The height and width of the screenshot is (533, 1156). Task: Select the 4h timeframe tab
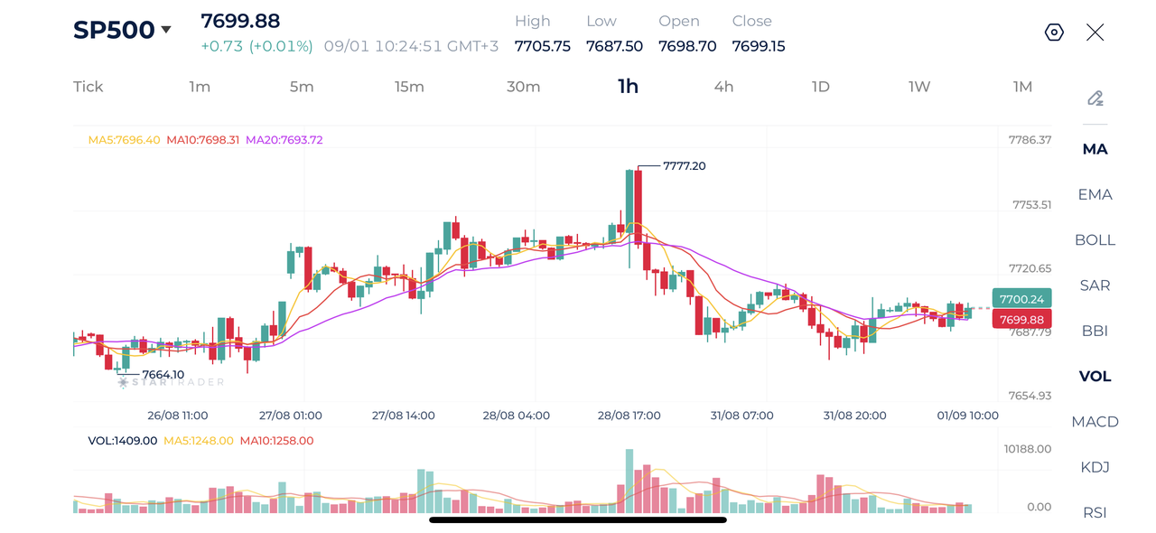723,87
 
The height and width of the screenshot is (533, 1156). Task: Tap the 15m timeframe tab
409,87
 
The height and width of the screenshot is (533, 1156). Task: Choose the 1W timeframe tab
919,87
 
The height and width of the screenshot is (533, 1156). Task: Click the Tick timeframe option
89,87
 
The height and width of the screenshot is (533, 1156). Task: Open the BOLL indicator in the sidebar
1095,240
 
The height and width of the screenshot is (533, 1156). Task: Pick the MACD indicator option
1095,422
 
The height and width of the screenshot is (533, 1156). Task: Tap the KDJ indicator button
1095,467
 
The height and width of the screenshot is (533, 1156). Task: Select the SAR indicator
1095,285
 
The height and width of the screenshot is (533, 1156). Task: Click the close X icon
1095,33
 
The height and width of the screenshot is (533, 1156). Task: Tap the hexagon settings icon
1054,33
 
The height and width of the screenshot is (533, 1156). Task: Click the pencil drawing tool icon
1095,98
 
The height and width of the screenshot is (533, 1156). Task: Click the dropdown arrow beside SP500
166,30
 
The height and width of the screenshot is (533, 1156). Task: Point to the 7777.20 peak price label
685,166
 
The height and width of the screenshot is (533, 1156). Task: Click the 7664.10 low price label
163,374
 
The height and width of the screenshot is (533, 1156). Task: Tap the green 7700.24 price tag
1021,299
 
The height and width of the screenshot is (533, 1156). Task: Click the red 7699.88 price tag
1021,320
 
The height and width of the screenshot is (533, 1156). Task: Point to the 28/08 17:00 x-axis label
629,416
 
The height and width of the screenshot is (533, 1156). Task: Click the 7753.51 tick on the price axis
1031,205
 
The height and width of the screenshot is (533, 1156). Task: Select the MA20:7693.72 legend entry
284,140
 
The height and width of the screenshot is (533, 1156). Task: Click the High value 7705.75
543,46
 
